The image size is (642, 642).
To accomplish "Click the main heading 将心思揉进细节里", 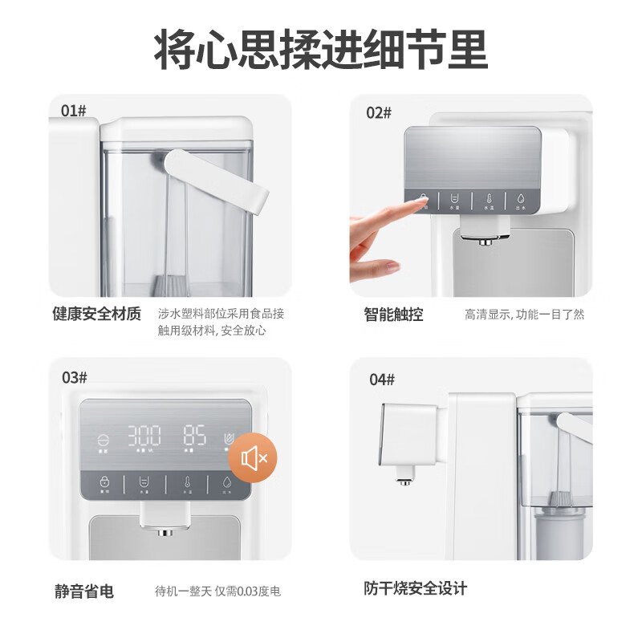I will point(321,50).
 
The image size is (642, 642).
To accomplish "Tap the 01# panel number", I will point(74,110).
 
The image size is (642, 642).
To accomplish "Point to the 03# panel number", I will point(74,377).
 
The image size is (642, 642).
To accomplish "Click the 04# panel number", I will point(382,380).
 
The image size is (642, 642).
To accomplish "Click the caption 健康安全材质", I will point(96,314).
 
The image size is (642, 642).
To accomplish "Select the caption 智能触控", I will point(393,314).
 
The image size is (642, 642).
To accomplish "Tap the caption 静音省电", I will point(83,591).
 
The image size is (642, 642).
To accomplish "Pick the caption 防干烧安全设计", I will point(415,588).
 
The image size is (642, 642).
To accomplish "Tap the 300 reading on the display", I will point(145,437).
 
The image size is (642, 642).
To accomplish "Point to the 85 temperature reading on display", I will point(194,437).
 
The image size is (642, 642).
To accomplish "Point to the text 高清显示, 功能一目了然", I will point(525,315).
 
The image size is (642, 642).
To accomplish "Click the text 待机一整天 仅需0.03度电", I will point(217,591).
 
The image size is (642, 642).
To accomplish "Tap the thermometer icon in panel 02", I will point(487,199).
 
